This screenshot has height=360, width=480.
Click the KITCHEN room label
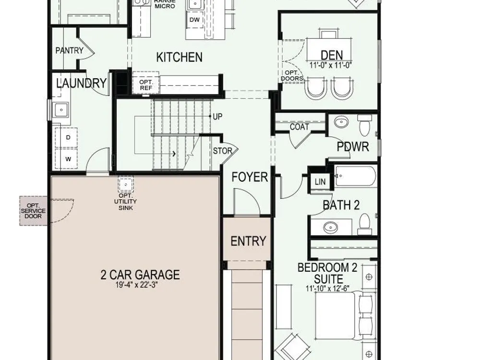click(179, 57)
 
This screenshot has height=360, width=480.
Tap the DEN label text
click(332, 55)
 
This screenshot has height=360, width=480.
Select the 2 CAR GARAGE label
click(140, 275)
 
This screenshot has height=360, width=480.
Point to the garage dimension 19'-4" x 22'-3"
click(136, 285)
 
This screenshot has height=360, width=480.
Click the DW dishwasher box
click(194, 20)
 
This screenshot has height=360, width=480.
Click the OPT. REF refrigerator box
click(146, 83)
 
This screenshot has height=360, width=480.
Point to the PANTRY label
click(70, 50)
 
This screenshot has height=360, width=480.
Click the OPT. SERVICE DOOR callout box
click(33, 211)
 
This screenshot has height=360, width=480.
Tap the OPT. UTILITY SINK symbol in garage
click(126, 184)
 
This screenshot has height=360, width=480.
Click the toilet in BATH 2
click(364, 222)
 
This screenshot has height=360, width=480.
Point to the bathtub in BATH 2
click(355, 176)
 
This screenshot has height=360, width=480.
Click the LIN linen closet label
click(320, 182)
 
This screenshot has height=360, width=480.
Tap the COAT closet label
click(300, 127)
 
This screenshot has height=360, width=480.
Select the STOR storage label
click(223, 151)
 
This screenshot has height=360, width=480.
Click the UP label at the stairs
click(217, 117)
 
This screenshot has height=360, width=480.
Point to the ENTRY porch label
click(248, 241)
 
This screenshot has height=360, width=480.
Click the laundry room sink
click(61, 110)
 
